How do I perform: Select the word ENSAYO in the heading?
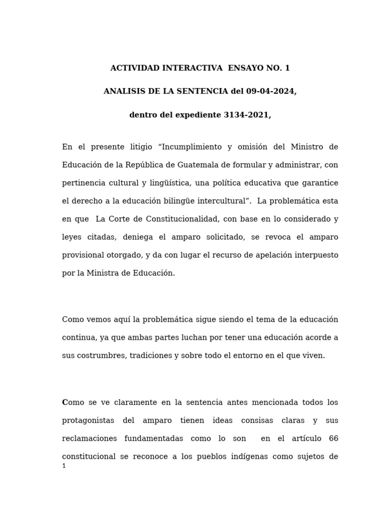click(x=247, y=68)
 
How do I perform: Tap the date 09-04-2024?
click(x=272, y=92)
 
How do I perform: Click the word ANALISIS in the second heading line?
click(x=124, y=92)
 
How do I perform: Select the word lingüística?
click(x=171, y=183)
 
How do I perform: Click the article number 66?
click(x=334, y=438)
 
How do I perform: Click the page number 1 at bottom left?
click(x=64, y=466)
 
